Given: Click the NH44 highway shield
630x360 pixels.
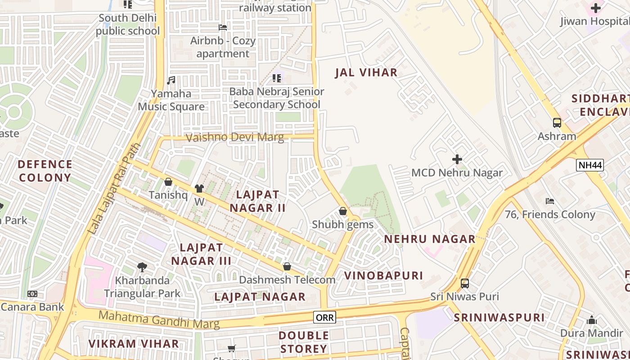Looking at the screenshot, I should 589,165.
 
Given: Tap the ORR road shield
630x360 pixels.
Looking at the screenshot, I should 324,317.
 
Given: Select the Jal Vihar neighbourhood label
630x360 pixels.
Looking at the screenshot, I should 366,72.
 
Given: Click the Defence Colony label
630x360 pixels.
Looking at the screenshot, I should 45,171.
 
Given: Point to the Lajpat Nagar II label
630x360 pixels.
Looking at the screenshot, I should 257,201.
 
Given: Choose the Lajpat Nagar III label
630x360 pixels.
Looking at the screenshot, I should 201,254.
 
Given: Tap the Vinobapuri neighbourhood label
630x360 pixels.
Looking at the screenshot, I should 383,275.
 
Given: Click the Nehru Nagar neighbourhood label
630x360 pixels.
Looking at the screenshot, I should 429,239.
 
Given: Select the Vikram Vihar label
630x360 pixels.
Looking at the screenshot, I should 133,344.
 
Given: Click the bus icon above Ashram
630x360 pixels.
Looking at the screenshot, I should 557,122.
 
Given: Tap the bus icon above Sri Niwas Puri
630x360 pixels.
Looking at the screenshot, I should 464,283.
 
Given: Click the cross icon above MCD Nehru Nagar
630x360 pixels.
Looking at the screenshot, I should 457,159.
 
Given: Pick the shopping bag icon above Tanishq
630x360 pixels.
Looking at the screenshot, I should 168,182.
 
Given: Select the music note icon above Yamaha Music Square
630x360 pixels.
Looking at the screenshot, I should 171,81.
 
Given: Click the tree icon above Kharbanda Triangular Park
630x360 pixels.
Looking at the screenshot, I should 142,267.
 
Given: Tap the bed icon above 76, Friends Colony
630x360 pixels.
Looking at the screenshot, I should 549,201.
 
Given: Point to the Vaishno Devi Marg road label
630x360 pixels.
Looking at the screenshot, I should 234,137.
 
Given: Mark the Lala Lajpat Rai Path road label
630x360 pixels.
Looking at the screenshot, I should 114,189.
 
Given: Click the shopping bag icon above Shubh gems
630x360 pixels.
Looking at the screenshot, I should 342,211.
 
